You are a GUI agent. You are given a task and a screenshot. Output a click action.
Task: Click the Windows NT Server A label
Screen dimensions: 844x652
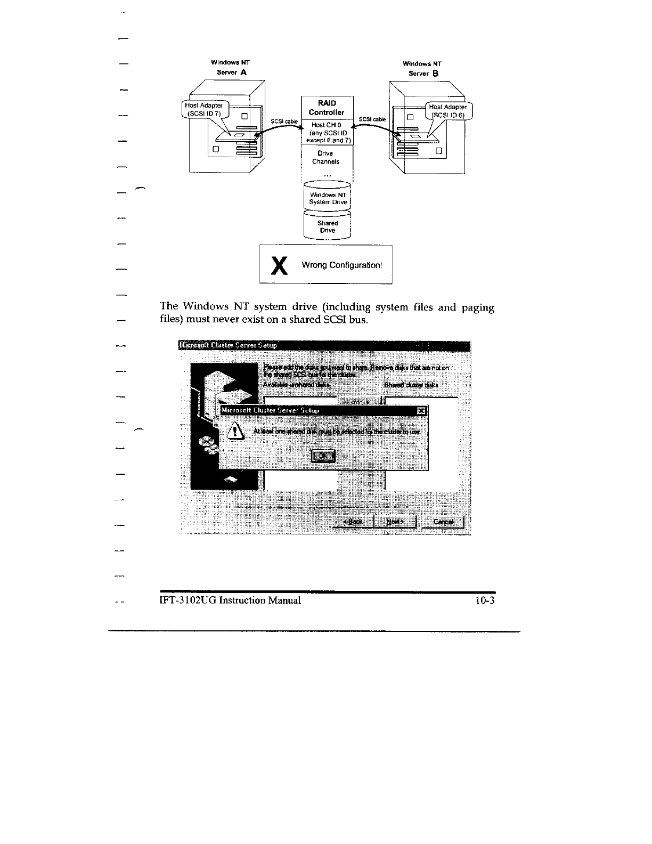pyautogui.click(x=231, y=68)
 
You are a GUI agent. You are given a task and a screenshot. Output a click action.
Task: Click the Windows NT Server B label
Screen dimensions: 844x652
pyautogui.click(x=423, y=68)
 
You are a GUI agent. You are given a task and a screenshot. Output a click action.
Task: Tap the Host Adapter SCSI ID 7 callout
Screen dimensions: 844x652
pyautogui.click(x=203, y=110)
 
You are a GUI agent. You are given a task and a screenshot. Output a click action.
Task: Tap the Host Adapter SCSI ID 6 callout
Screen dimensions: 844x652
pyautogui.click(x=448, y=111)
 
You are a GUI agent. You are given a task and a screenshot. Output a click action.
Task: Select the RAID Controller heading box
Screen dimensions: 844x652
pyautogui.click(x=327, y=108)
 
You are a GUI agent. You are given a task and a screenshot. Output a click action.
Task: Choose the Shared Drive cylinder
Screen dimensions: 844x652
pyautogui.click(x=327, y=227)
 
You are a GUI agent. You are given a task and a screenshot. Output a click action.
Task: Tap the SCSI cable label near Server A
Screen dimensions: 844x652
pyautogui.click(x=284, y=121)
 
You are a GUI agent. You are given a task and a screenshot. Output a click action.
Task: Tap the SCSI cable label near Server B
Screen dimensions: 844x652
pyautogui.click(x=372, y=119)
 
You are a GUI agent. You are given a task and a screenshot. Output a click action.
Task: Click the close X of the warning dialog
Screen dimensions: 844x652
pyautogui.click(x=421, y=410)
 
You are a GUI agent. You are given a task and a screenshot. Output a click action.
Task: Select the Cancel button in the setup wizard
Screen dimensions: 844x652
pyautogui.click(x=443, y=522)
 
